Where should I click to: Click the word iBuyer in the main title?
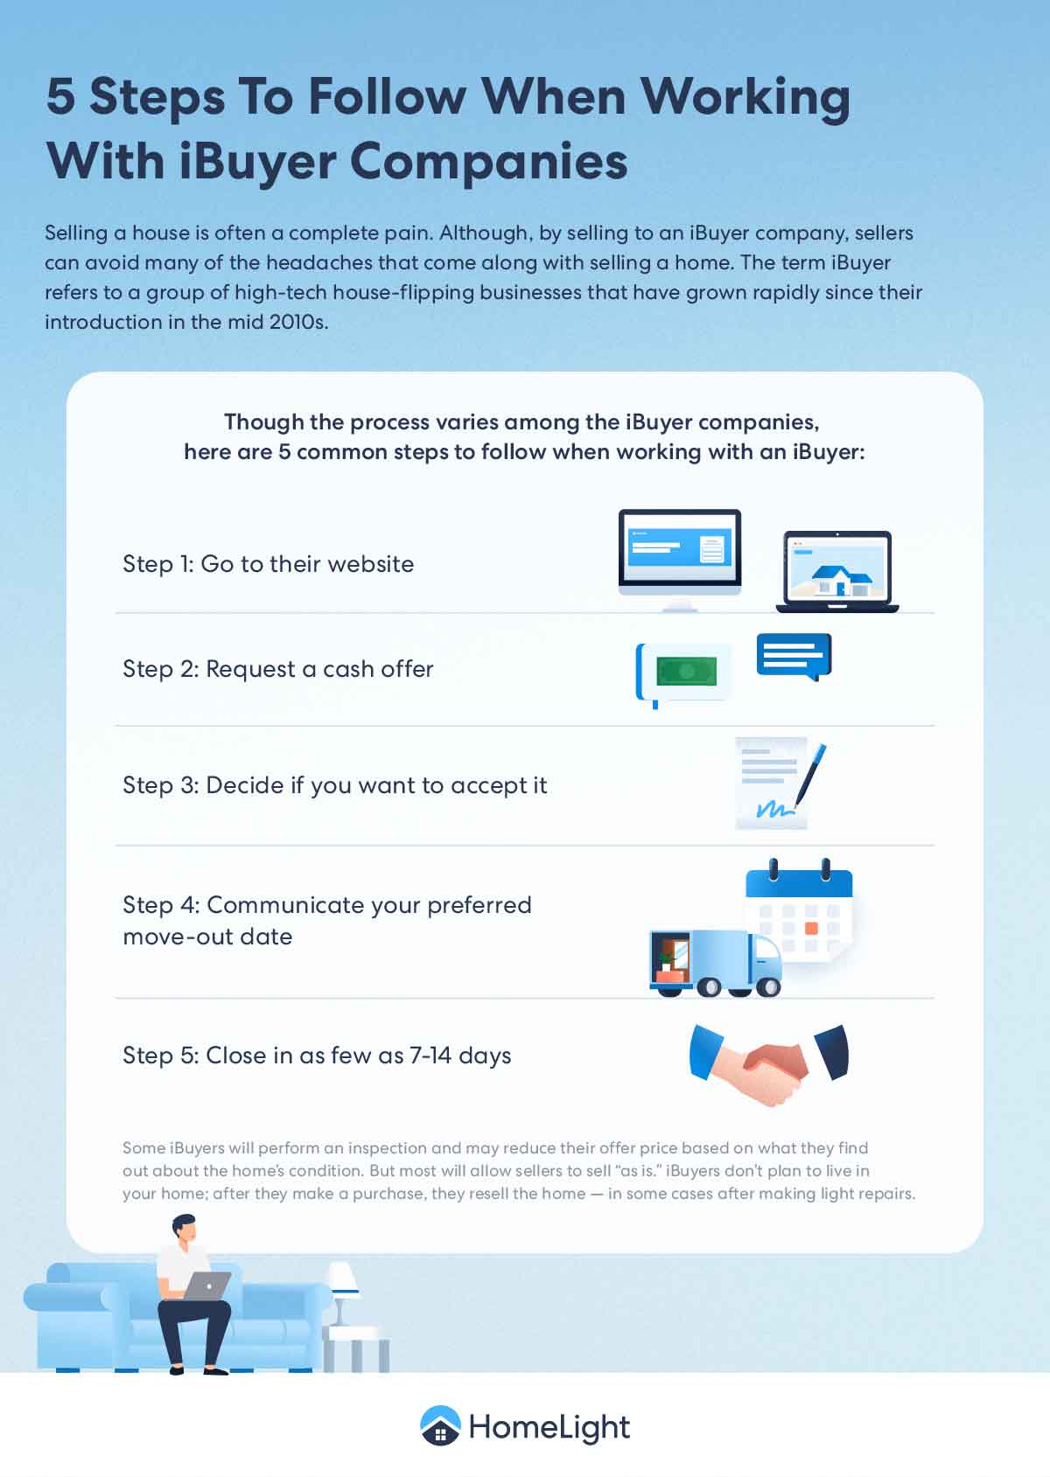click(257, 163)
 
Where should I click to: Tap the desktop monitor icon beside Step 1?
click(680, 560)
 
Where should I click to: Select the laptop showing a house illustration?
click(837, 571)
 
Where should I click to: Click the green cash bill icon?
click(686, 672)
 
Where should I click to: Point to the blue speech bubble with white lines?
click(794, 656)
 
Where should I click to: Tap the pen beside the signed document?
click(810, 776)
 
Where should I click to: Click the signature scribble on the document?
click(774, 809)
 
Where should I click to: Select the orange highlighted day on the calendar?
click(811, 929)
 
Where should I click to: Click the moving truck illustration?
click(716, 963)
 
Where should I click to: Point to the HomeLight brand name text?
click(549, 1427)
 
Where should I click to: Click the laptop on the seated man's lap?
click(206, 1285)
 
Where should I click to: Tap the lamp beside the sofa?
click(342, 1292)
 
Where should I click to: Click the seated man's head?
click(185, 1228)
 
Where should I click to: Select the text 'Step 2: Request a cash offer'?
click(278, 669)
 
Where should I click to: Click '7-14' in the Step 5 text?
click(430, 1055)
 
